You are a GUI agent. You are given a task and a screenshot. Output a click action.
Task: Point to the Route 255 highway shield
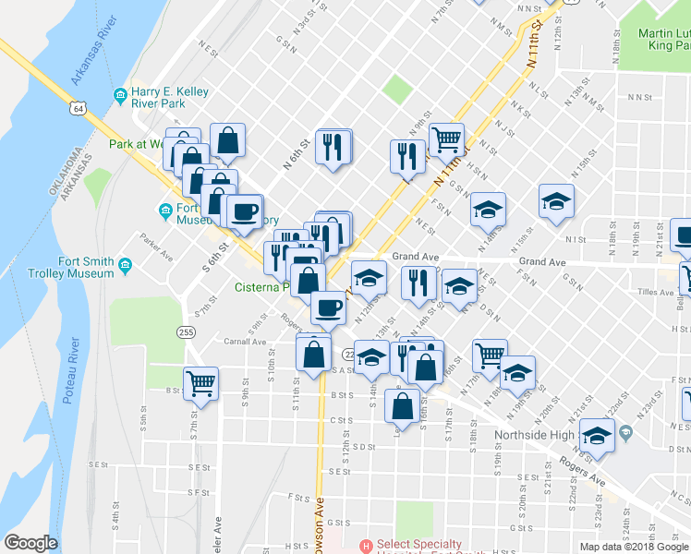pos(187,331)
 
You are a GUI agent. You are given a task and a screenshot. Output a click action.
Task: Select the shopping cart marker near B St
pos(200,381)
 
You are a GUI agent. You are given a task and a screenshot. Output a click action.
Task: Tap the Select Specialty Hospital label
pos(434,545)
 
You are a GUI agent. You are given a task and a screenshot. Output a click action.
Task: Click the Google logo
pos(30,544)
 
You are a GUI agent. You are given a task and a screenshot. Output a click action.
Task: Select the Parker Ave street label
pos(158,245)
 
